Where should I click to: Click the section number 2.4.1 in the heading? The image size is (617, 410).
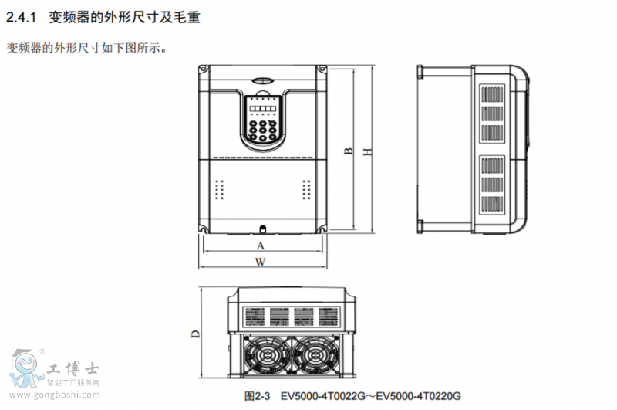22,17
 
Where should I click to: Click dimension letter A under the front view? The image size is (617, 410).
261,246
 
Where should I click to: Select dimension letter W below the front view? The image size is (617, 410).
260,262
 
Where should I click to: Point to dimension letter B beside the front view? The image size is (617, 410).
349,151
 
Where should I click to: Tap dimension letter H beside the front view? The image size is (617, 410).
367,151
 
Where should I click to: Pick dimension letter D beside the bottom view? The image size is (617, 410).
196,334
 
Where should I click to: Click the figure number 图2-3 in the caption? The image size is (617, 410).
258,396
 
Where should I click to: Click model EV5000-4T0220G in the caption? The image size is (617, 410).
418,396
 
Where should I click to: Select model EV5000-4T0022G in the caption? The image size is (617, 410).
322,396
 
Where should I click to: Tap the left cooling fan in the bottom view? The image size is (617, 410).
266,354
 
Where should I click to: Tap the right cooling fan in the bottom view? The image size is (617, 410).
315,354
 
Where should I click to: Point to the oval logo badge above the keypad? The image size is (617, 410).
262,80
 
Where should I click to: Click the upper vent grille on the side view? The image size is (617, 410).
492,114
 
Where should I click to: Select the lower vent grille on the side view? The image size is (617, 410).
492,185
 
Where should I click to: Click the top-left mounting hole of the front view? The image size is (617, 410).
204,69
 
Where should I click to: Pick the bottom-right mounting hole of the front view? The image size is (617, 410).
322,228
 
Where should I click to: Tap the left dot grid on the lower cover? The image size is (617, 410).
220,190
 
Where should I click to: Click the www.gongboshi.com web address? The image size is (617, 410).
55,395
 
